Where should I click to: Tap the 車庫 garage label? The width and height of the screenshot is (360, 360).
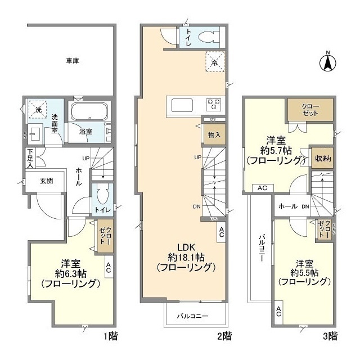pos(71,61)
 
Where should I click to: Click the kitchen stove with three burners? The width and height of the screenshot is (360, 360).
pos(214,104)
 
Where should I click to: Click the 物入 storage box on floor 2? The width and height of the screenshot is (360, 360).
pos(214,135)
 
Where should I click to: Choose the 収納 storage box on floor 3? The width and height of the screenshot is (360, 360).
pos(322,159)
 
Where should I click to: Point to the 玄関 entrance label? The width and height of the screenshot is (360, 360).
pos(46,181)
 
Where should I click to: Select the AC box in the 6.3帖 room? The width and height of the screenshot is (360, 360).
pos(108,268)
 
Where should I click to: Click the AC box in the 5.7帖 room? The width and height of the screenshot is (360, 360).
pos(262,188)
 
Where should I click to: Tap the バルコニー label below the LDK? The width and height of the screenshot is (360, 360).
pos(193,316)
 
